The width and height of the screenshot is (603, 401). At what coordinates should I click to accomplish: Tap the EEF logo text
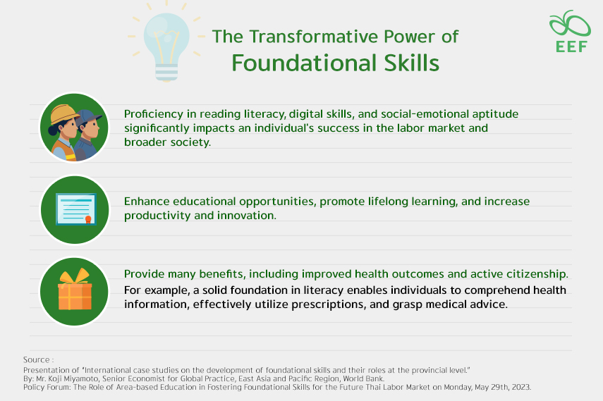[x=569, y=47]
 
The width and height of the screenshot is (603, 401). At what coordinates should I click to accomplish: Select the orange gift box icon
[x=74, y=295]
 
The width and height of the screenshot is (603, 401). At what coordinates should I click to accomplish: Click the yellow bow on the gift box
[x=74, y=276]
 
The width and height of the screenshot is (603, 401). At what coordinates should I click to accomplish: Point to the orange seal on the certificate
[x=88, y=220]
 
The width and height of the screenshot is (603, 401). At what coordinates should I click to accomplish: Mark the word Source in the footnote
[x=37, y=360]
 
